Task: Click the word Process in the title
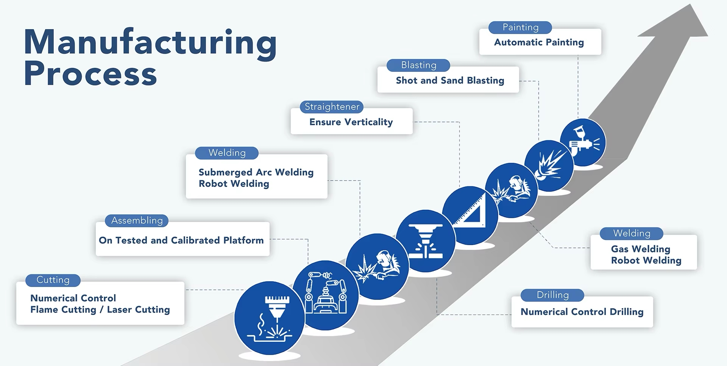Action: click(x=90, y=74)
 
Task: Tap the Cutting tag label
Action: click(x=53, y=280)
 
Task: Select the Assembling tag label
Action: click(x=137, y=220)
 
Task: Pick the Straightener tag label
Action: click(x=332, y=107)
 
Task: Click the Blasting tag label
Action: click(x=418, y=65)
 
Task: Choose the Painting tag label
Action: click(x=520, y=28)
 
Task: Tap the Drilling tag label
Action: click(x=552, y=295)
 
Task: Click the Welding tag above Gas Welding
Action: click(x=632, y=234)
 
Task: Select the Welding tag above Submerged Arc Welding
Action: click(x=227, y=153)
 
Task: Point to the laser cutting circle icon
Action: click(x=270, y=318)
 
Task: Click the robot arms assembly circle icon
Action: click(x=326, y=295)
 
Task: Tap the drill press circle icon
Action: click(x=426, y=241)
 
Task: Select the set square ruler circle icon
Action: click(x=470, y=215)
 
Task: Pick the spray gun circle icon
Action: click(x=583, y=142)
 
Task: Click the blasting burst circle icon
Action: click(x=549, y=166)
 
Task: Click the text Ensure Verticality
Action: click(x=351, y=122)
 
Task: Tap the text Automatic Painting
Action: click(x=539, y=42)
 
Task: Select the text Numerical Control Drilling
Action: click(x=582, y=312)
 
